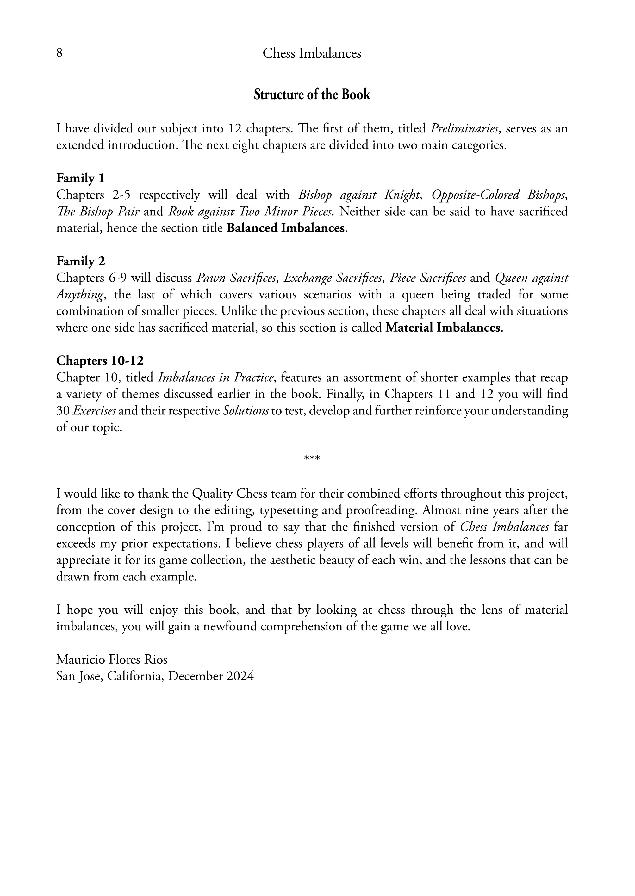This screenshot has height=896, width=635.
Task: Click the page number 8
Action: point(59,53)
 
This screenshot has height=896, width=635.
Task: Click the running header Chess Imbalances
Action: point(312,53)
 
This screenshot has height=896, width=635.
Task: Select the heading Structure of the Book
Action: point(312,95)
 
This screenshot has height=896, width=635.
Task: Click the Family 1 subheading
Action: point(80,178)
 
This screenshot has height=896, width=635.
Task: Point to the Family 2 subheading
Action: point(81,261)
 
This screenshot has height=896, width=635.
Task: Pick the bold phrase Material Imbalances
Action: point(443,328)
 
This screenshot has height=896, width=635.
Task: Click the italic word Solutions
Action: point(245,411)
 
